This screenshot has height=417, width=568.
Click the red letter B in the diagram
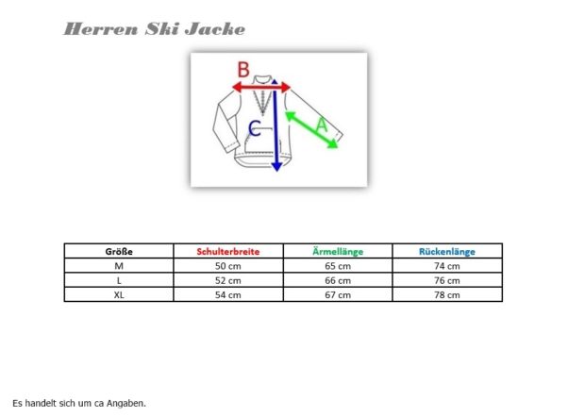pyautogui.click(x=243, y=70)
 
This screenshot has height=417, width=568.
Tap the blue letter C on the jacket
pyautogui.click(x=255, y=128)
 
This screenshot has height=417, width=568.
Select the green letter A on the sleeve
pyautogui.click(x=322, y=125)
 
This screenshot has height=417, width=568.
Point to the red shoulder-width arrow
pyautogui.click(x=261, y=87)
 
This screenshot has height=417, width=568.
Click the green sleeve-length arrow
pyautogui.click(x=311, y=130)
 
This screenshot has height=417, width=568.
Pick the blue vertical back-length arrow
pyautogui.click(x=276, y=125)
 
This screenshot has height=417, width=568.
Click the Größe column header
pyautogui.click(x=119, y=252)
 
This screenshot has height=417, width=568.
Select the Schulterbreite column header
pyautogui.click(x=228, y=252)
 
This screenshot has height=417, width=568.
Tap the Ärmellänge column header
pyautogui.click(x=338, y=251)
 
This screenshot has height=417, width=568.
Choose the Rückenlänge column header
pyautogui.click(x=447, y=252)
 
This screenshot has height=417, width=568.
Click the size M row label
pyautogui.click(x=119, y=266)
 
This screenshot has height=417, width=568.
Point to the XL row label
pyautogui.click(x=119, y=295)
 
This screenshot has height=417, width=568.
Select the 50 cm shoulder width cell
pyautogui.click(x=227, y=266)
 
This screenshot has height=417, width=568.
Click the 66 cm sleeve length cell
pyautogui.click(x=338, y=280)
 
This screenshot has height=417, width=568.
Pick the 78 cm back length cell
pyautogui.click(x=447, y=295)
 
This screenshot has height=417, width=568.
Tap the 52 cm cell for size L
pyautogui.click(x=227, y=280)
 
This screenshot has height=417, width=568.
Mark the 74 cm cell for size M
pyautogui.click(x=447, y=266)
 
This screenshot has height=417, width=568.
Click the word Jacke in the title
pyautogui.click(x=215, y=29)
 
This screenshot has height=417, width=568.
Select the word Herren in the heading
pyautogui.click(x=101, y=29)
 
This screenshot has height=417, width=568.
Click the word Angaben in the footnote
pyautogui.click(x=126, y=403)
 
